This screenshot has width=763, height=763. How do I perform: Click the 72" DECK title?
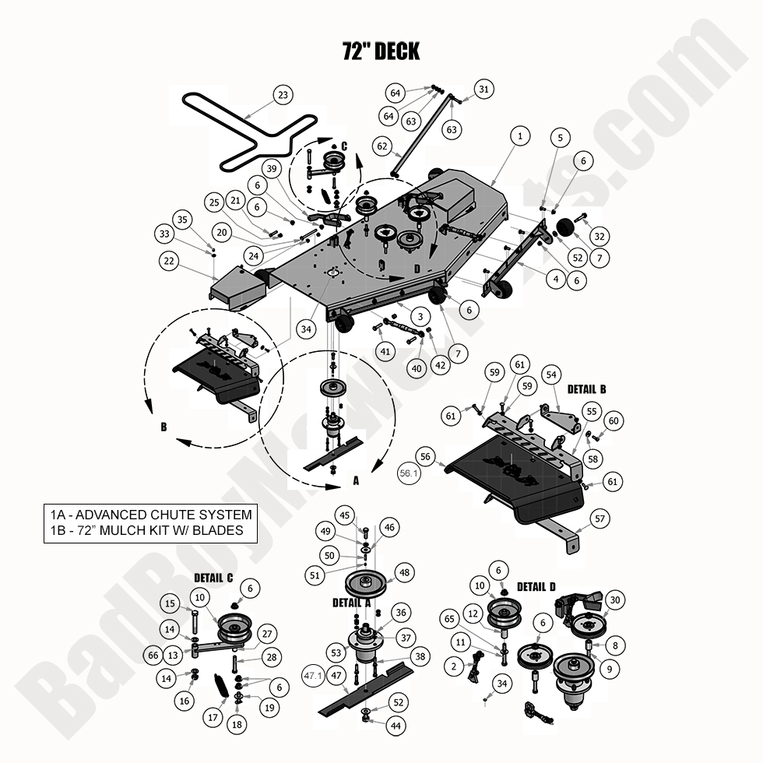click(x=381, y=51)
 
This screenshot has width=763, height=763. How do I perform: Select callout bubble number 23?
click(x=283, y=96)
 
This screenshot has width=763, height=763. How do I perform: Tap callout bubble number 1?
click(x=520, y=135)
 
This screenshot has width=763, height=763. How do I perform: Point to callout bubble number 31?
click(x=484, y=90)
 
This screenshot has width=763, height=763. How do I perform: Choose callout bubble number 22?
click(x=169, y=262)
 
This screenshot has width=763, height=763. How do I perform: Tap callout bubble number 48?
click(x=405, y=572)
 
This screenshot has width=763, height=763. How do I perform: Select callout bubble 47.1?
click(x=313, y=676)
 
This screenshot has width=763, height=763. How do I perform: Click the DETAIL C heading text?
click(x=213, y=578)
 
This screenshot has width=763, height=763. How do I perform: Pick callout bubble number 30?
click(x=616, y=600)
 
